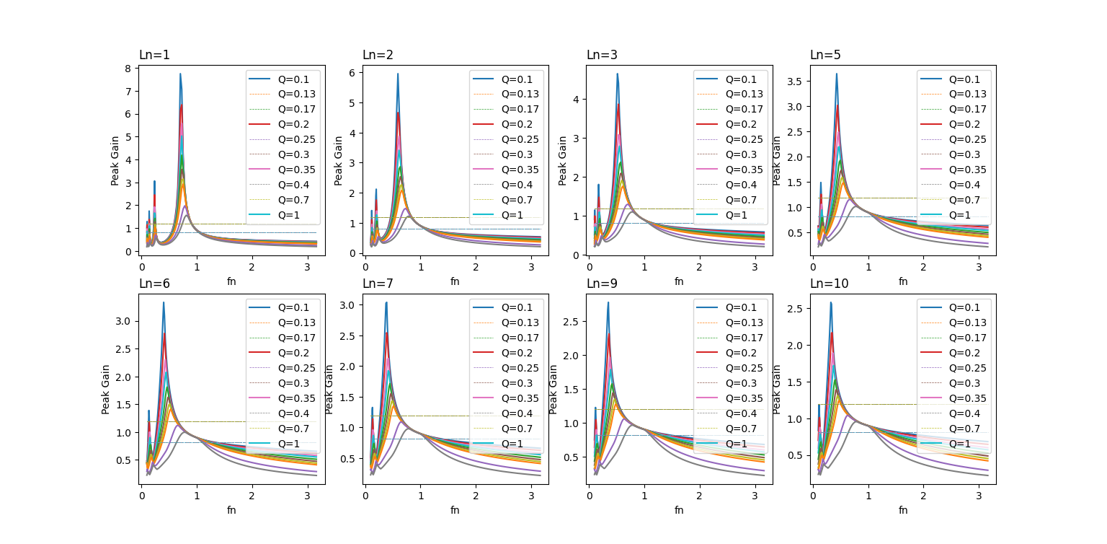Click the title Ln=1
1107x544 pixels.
pos(154,55)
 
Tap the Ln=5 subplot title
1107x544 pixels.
pos(825,55)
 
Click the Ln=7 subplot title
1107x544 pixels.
pos(378,284)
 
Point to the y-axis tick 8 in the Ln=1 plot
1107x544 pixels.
pos(127,69)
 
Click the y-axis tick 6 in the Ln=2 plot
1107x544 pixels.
pos(351,73)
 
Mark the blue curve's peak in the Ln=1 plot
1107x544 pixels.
pos(180,74)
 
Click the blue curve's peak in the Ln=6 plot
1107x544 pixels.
pos(164,302)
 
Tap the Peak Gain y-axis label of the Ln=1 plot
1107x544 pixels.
pos(115,160)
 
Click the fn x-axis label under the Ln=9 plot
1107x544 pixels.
pos(679,510)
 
